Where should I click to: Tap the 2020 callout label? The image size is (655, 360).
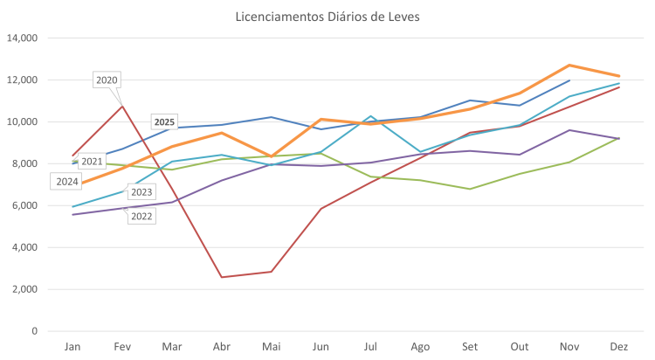click(x=107, y=80)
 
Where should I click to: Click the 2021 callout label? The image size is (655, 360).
click(x=91, y=162)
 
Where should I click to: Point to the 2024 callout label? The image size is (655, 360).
click(x=66, y=182)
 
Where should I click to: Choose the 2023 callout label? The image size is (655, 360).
click(x=141, y=192)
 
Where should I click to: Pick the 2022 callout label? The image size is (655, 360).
click(x=141, y=216)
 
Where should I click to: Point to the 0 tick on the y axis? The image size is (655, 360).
click(x=34, y=331)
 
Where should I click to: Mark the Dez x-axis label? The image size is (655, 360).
click(x=619, y=346)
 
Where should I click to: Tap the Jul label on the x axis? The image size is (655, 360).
click(x=371, y=346)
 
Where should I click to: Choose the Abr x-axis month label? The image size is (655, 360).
click(x=222, y=346)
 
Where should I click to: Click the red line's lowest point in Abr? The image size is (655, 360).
click(x=222, y=277)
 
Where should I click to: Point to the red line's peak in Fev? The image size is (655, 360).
click(x=122, y=105)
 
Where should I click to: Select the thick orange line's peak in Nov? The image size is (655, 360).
click(x=569, y=65)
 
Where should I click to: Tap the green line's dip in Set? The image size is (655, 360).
click(x=470, y=189)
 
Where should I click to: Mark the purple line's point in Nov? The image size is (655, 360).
click(x=569, y=130)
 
